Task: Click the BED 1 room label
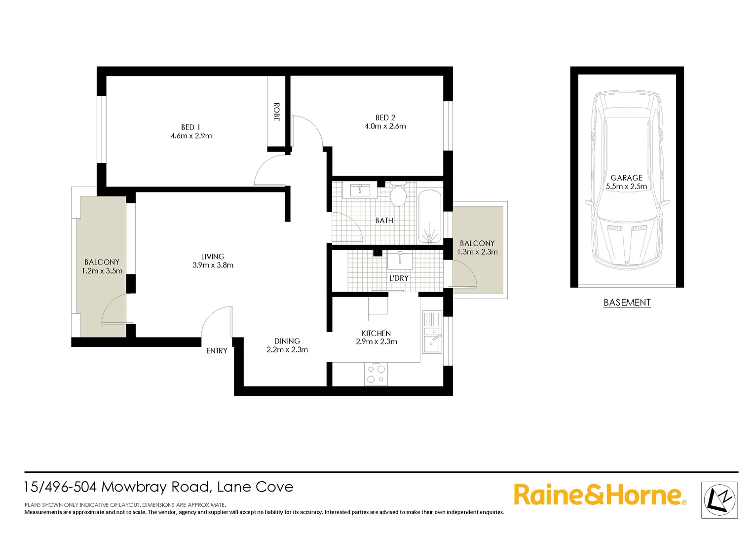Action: pos(190,127)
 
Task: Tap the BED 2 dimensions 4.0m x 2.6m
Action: pos(385,126)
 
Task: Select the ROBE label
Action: pos(276,112)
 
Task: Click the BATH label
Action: pos(384,221)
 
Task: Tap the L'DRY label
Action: pos(399,278)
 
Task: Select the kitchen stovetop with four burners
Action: pos(376,374)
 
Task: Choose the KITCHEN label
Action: pos(376,334)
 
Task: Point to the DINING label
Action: pos(287,341)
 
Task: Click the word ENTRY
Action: pos(217,351)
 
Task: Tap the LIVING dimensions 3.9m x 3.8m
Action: pos(213,266)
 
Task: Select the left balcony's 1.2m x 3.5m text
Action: pos(102,271)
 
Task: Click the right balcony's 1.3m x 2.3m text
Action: pos(477,252)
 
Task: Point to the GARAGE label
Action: pos(626,178)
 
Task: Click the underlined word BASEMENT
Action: pos(627,303)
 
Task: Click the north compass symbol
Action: pos(719,500)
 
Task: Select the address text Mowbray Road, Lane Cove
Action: pos(197,487)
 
